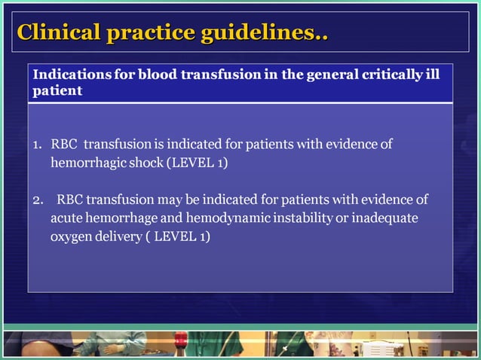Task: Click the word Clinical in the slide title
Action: pos(59,33)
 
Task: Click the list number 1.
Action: pos(37,144)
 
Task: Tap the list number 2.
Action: pos(38,200)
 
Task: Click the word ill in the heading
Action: pos(433,75)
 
